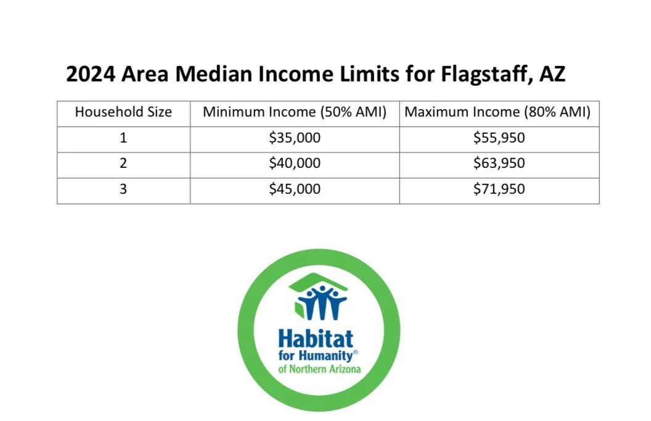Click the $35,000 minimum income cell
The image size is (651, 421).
pos(295,138)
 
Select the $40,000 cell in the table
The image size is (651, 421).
pos(295,164)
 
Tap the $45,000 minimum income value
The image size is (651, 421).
pos(295,189)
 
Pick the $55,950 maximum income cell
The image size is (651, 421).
pos(499,138)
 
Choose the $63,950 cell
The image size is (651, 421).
pos(499,164)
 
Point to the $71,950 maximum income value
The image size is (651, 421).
pos(499,189)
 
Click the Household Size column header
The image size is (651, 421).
pos(123,113)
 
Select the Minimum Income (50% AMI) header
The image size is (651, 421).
pos(295,113)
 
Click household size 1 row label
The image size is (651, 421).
pos(123,138)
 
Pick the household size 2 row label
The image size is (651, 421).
pos(123,164)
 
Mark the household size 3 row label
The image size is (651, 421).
pos(123,189)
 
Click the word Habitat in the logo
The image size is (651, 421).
pos(316,338)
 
